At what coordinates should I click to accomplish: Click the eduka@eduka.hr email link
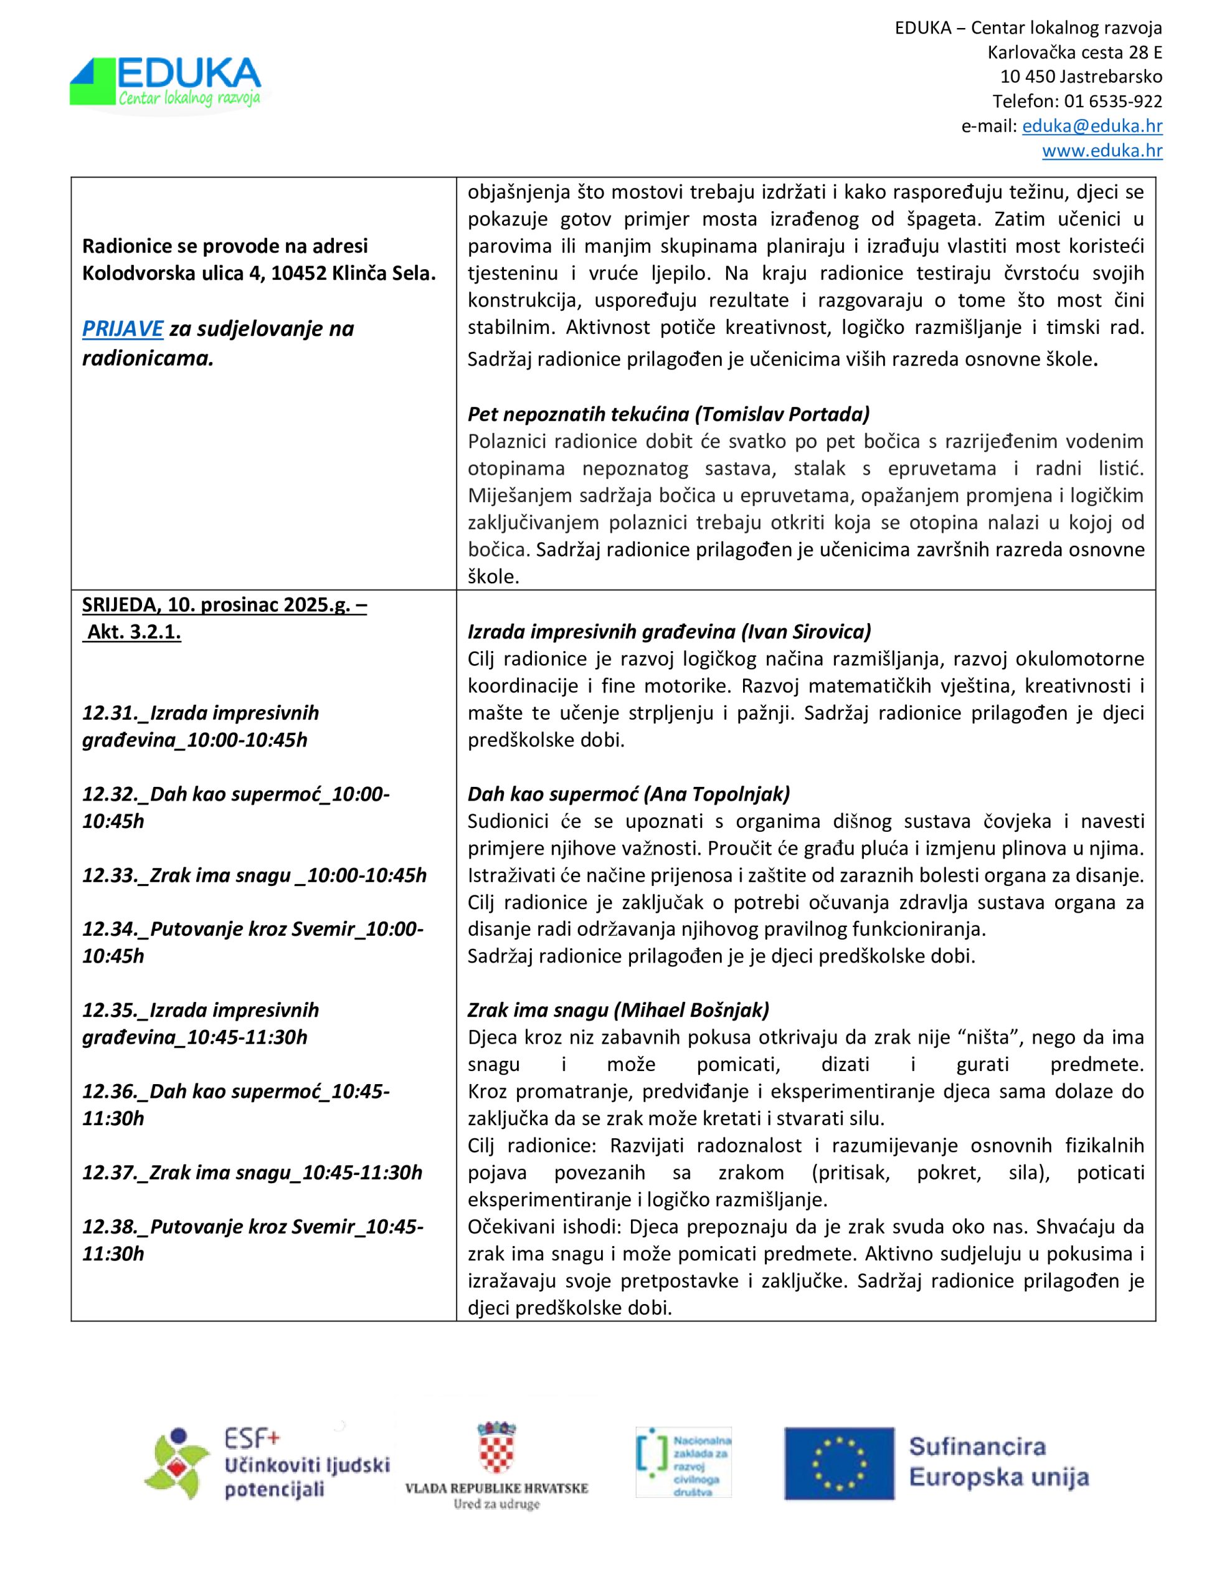point(1092,126)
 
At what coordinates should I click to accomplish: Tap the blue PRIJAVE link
point(122,328)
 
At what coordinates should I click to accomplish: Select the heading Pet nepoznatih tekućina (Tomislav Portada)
point(668,414)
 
